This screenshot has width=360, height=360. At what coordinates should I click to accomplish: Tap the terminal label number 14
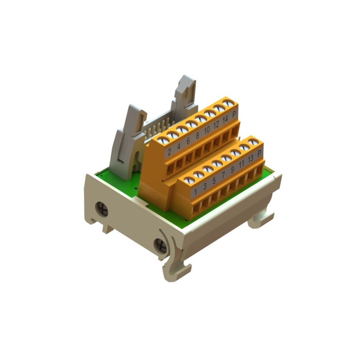coord(225,121)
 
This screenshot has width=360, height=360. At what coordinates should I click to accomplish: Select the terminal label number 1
coord(195,192)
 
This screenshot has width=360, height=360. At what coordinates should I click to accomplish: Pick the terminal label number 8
coord(197,136)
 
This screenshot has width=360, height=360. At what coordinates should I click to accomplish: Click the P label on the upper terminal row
coord(234,115)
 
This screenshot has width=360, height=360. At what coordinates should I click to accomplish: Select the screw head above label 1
coord(189,180)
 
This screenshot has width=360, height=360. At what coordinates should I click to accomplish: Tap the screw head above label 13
coord(244,147)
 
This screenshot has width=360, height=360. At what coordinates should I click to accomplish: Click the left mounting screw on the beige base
coord(102,209)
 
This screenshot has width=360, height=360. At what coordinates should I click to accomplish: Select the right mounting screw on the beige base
coord(160,246)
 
